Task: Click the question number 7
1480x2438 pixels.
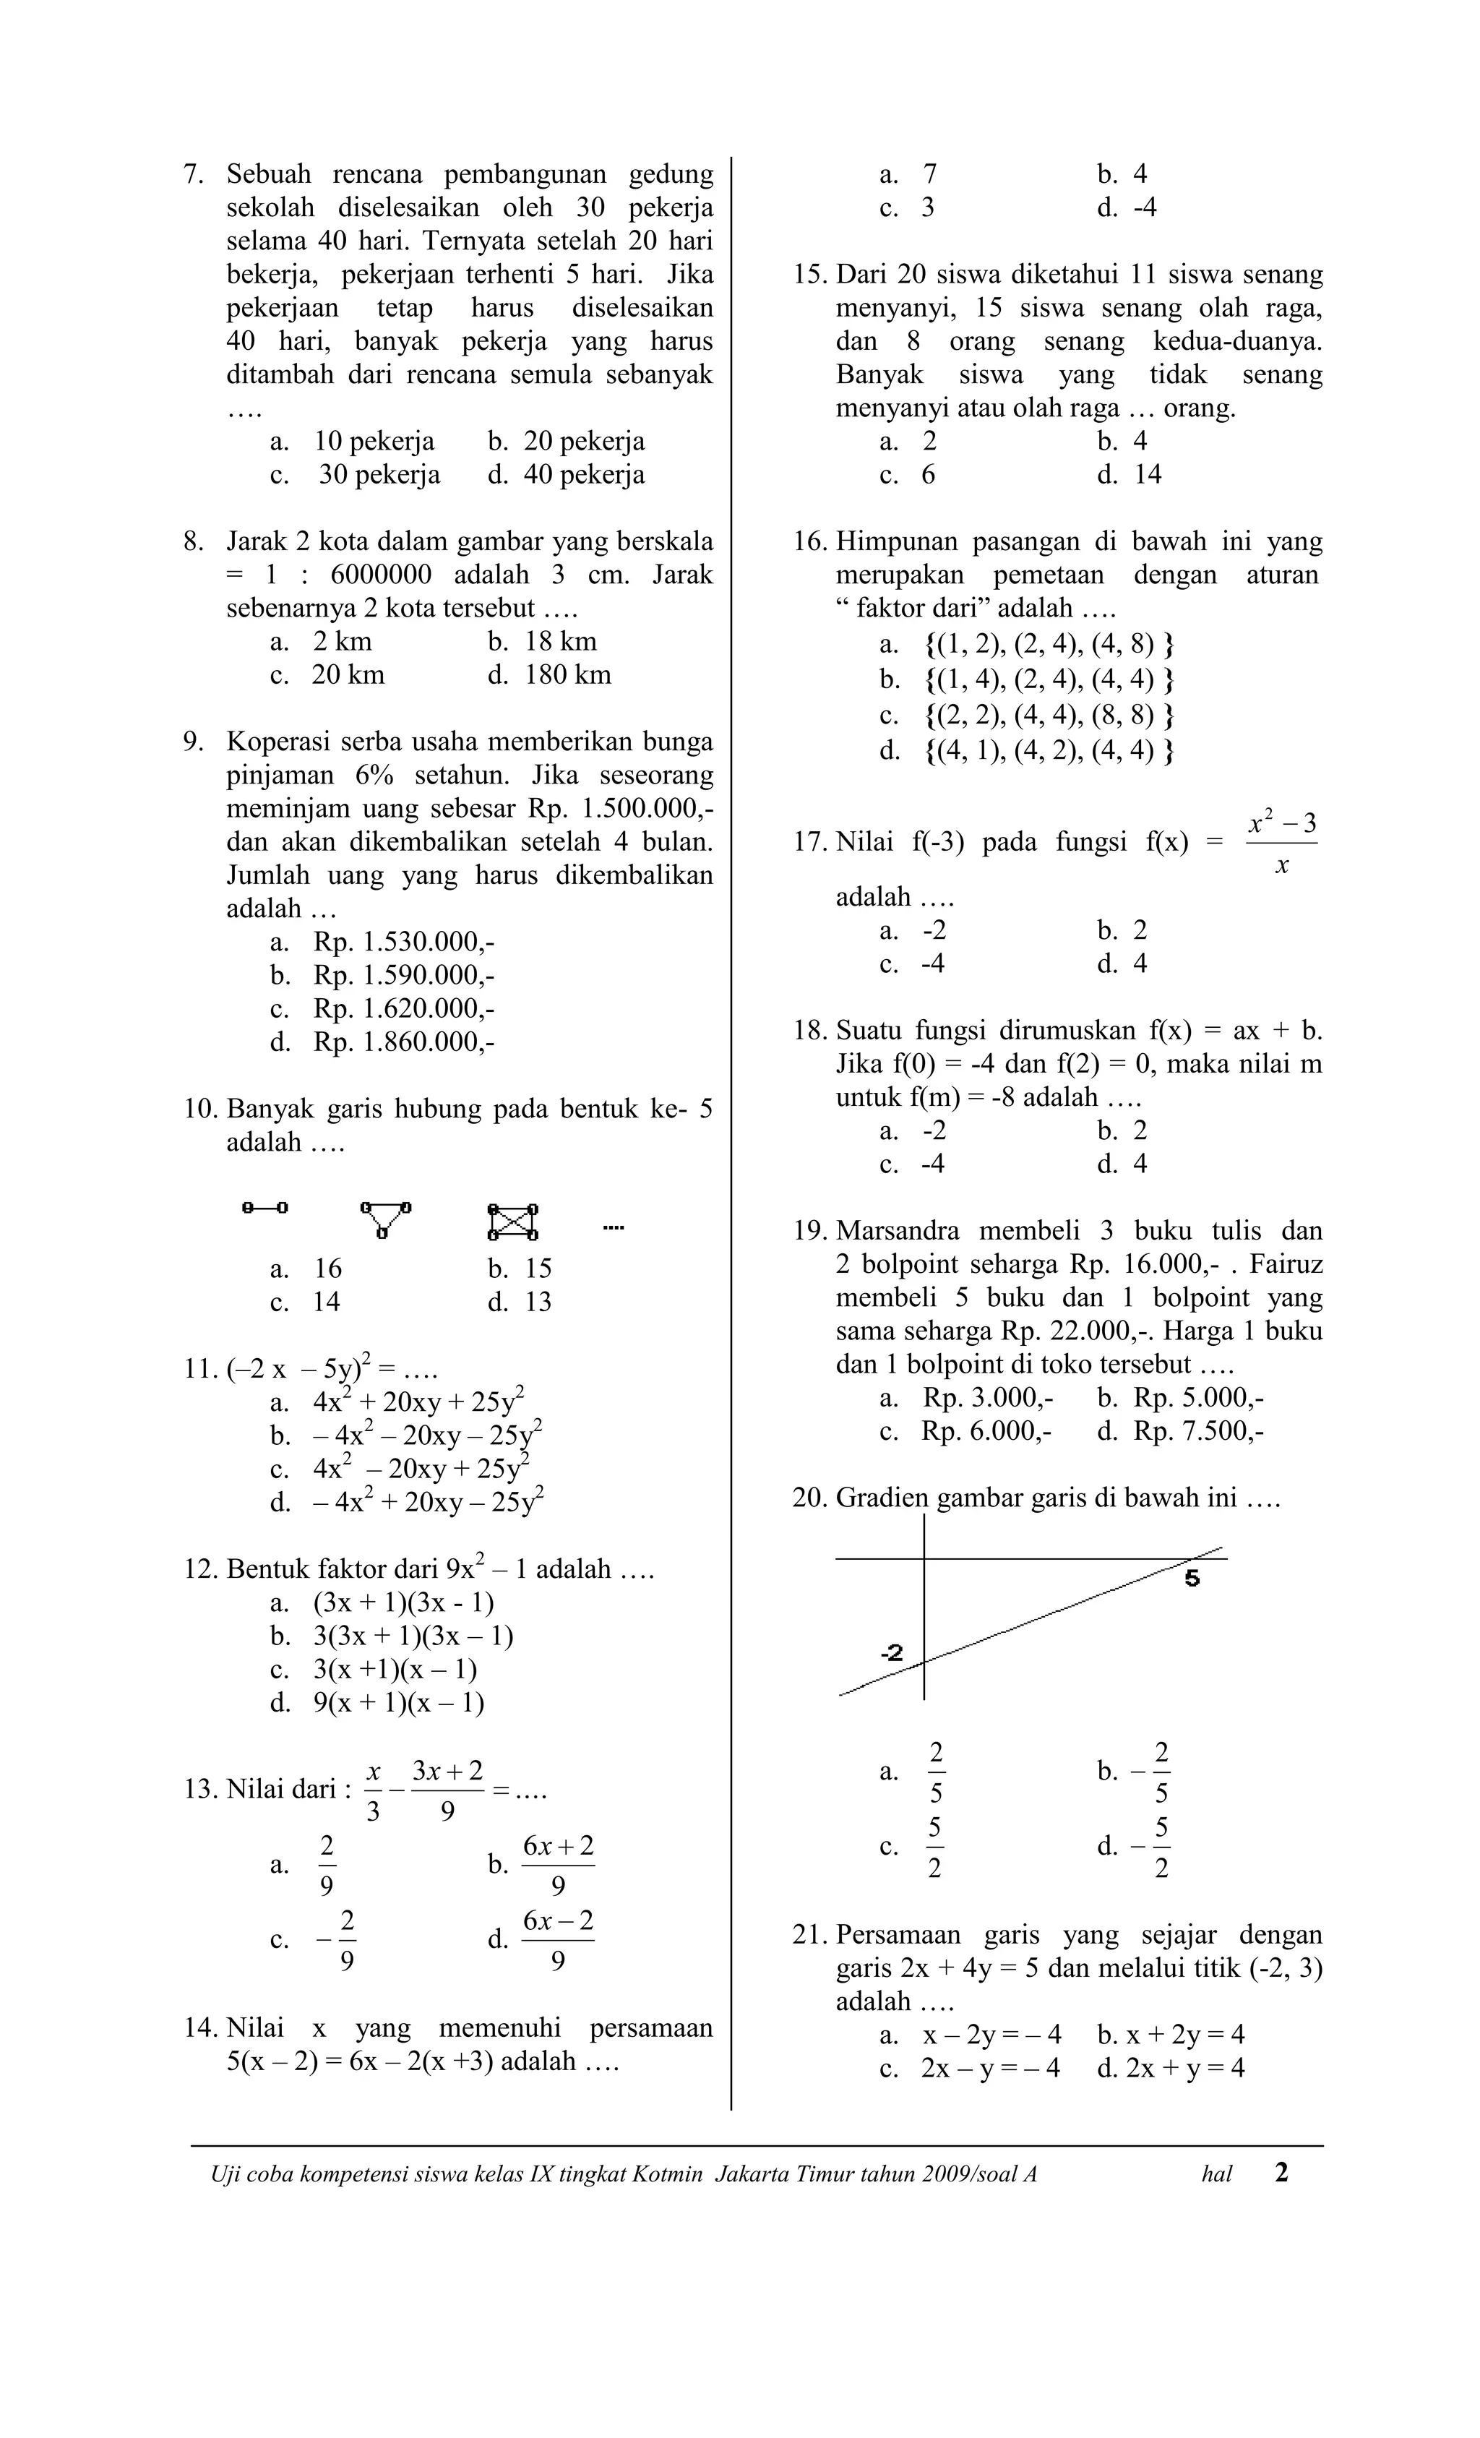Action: click(x=193, y=174)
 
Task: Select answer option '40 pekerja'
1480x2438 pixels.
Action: click(x=584, y=475)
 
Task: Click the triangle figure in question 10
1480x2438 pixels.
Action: click(x=386, y=1219)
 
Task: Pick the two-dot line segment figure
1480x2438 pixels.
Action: click(x=265, y=1207)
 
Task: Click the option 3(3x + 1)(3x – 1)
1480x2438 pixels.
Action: click(x=413, y=1636)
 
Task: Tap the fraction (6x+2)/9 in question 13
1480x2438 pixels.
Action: click(x=558, y=1866)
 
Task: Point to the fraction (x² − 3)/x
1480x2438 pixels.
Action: click(x=1281, y=843)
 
